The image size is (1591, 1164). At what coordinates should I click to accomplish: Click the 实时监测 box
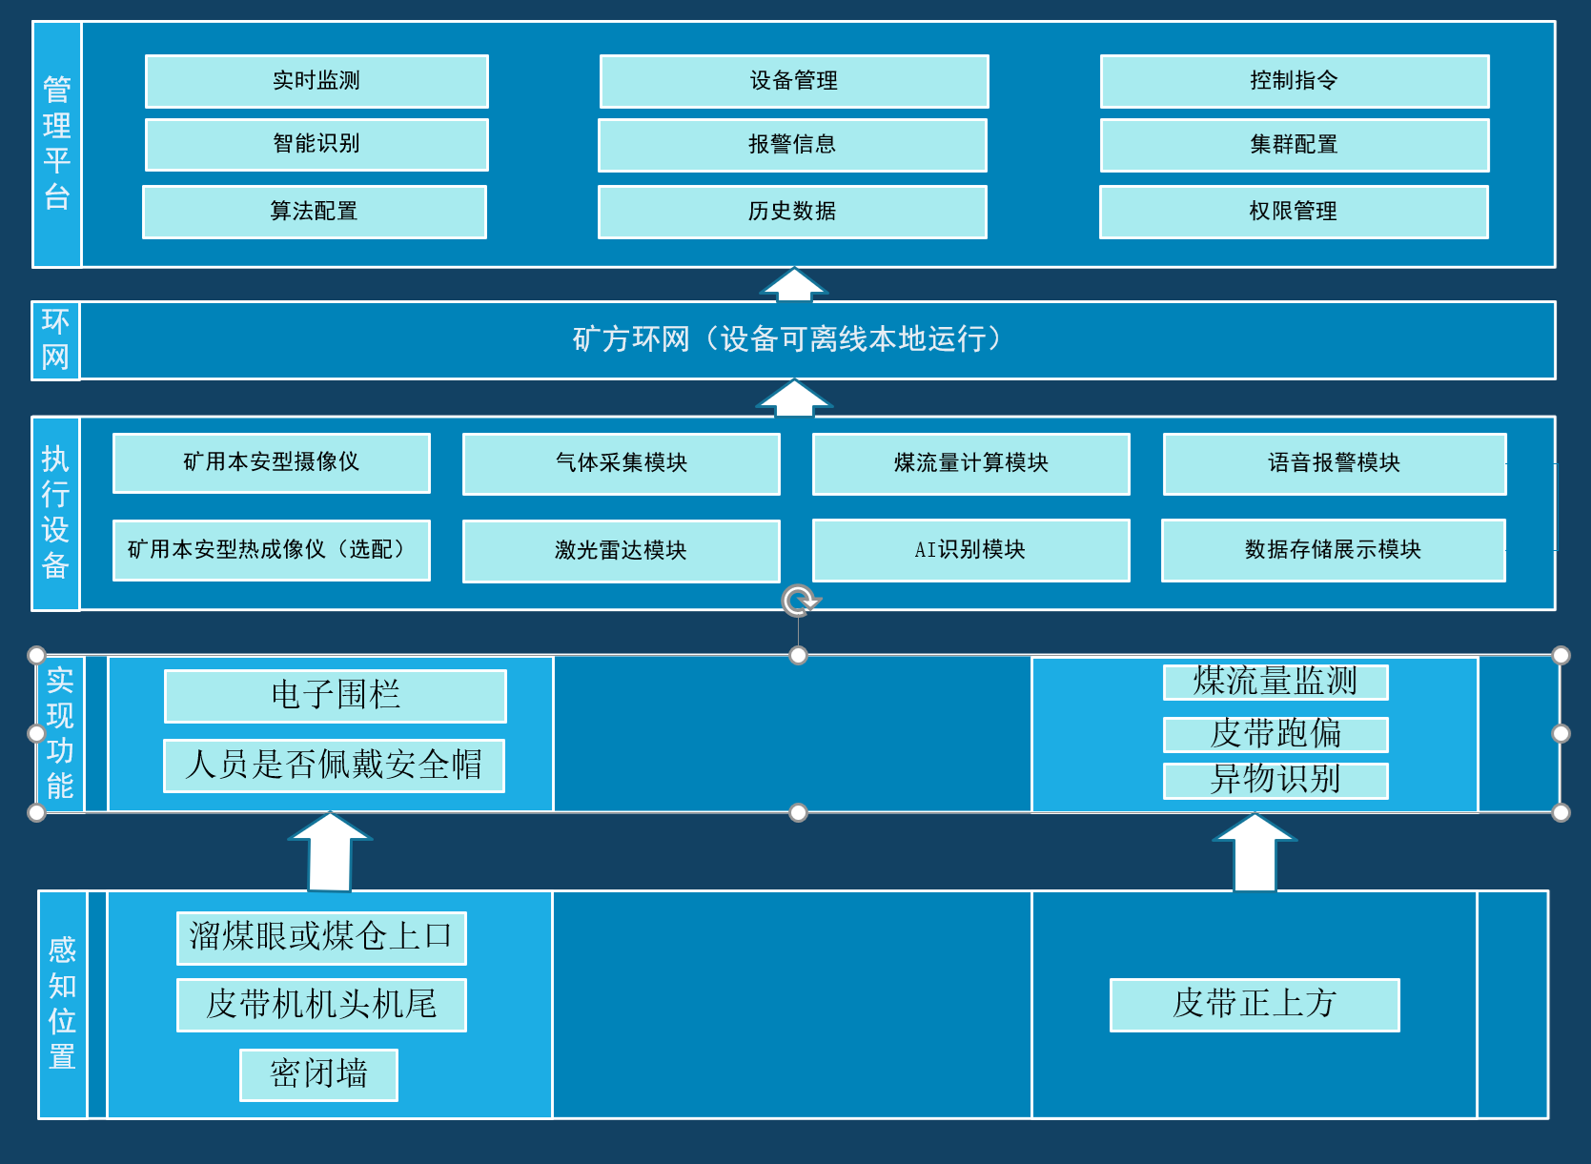pos(316,81)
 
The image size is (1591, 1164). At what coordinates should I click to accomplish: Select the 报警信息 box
pos(792,145)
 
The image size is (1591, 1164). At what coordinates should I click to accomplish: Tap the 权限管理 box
pos(1294,212)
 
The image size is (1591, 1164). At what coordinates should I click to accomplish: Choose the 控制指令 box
pos(1295,81)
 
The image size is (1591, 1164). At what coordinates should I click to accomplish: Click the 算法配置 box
pos(315,212)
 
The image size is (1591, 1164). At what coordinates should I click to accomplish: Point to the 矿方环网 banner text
pos(787,339)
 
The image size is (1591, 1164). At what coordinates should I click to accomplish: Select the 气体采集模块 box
pos(622,463)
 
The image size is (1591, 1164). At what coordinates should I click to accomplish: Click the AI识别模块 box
pos(970,550)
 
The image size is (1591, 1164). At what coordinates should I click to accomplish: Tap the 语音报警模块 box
pos(1335,463)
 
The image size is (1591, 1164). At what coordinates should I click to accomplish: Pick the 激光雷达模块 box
pos(622,551)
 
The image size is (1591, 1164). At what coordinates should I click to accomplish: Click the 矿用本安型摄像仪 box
pos(272,463)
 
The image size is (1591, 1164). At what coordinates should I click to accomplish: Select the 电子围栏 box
pos(336,695)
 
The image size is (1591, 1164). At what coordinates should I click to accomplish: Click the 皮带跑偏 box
pos(1275,734)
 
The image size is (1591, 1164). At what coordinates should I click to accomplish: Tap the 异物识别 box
pos(1275,780)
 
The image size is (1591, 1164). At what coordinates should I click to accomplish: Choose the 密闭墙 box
pos(318,1074)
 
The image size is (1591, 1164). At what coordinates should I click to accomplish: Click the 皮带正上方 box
pos(1254,1004)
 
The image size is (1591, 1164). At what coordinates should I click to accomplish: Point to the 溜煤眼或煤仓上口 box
pos(321,937)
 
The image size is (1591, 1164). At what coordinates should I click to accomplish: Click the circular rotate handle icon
pos(799,601)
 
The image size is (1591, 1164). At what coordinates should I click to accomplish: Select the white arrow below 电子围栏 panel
pos(330,851)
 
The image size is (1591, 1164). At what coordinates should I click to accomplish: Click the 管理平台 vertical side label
pos(57,143)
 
